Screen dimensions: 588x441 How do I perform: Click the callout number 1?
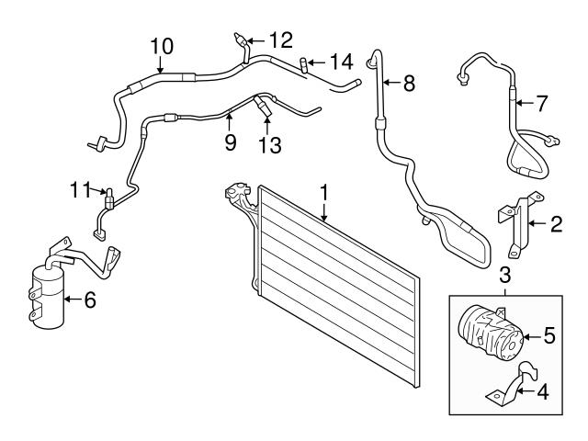point(324,193)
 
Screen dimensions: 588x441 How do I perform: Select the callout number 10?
point(162,47)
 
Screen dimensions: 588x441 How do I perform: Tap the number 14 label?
point(342,62)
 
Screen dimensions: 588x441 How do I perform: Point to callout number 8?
point(409,83)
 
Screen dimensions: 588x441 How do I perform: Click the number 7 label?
point(541,103)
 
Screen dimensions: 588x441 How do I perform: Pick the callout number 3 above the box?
point(505,275)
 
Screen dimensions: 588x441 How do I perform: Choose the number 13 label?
point(270,145)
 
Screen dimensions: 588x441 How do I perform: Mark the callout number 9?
point(231,142)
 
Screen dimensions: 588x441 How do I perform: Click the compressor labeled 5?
point(491,332)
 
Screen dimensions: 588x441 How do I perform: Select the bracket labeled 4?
point(513,385)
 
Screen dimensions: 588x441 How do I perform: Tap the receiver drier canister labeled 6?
point(48,296)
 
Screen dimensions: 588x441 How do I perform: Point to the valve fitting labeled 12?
point(242,41)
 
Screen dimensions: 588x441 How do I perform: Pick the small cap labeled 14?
point(303,65)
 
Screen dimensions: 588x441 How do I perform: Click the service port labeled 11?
point(109,198)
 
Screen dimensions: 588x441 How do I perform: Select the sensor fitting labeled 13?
point(262,106)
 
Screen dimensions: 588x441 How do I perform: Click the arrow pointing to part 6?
point(73,299)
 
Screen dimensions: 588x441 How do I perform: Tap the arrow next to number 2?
point(537,223)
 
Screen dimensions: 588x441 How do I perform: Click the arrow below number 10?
point(160,64)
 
